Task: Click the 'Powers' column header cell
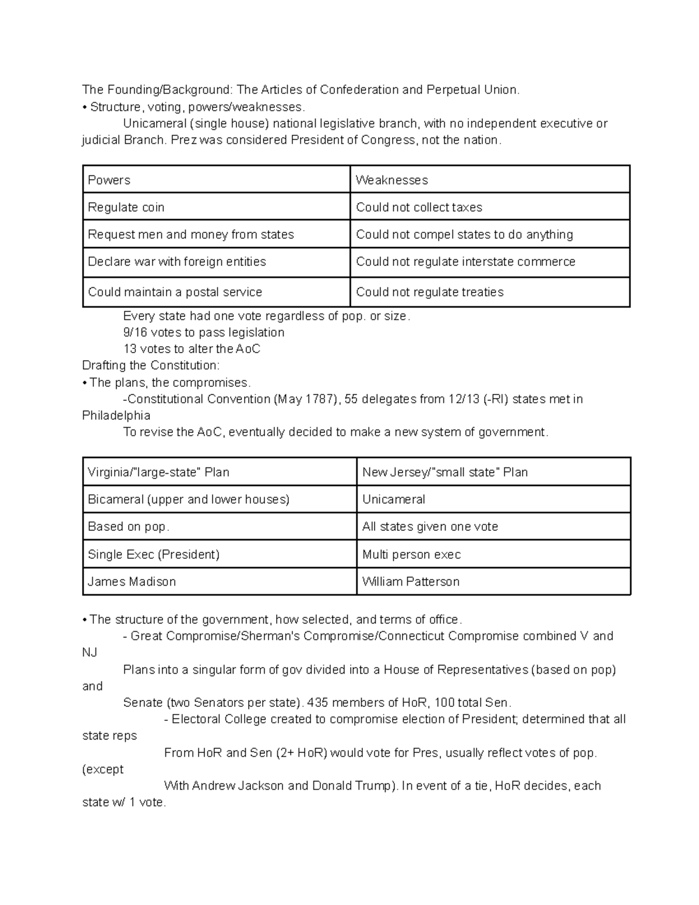[216, 179]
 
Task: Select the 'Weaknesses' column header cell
[489, 179]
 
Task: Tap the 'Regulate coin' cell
[216, 207]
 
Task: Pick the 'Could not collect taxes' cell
[489, 207]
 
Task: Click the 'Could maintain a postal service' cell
[216, 291]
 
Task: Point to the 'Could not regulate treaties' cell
[489, 291]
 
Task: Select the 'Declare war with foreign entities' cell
[216, 262]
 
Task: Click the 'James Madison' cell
[219, 581]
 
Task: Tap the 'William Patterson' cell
[493, 581]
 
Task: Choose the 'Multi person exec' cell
[493, 554]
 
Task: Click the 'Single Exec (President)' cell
[219, 554]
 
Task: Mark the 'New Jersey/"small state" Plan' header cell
[493, 471]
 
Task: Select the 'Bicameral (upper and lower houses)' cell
[219, 499]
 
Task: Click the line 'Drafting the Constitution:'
[151, 365]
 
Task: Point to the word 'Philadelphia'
[116, 415]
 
